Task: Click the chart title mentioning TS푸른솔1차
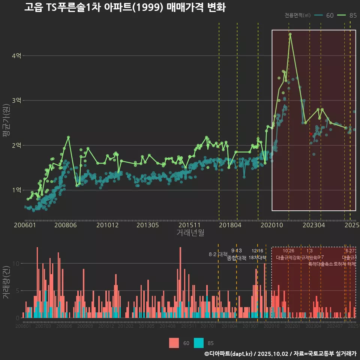point(125,7)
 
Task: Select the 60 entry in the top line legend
point(330,15)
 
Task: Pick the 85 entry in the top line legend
point(352,15)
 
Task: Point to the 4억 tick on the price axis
point(16,56)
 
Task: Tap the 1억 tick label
point(16,190)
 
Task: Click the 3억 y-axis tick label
point(16,100)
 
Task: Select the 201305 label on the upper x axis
point(147,225)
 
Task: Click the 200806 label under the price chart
point(65,225)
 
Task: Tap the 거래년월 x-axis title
point(190,233)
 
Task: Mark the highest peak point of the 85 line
point(290,34)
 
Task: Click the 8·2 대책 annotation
point(218,254)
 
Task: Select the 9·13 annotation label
point(237,250)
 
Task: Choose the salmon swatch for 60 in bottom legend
point(174,343)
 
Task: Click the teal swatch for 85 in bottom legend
point(199,343)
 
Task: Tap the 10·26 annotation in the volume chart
point(288,250)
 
